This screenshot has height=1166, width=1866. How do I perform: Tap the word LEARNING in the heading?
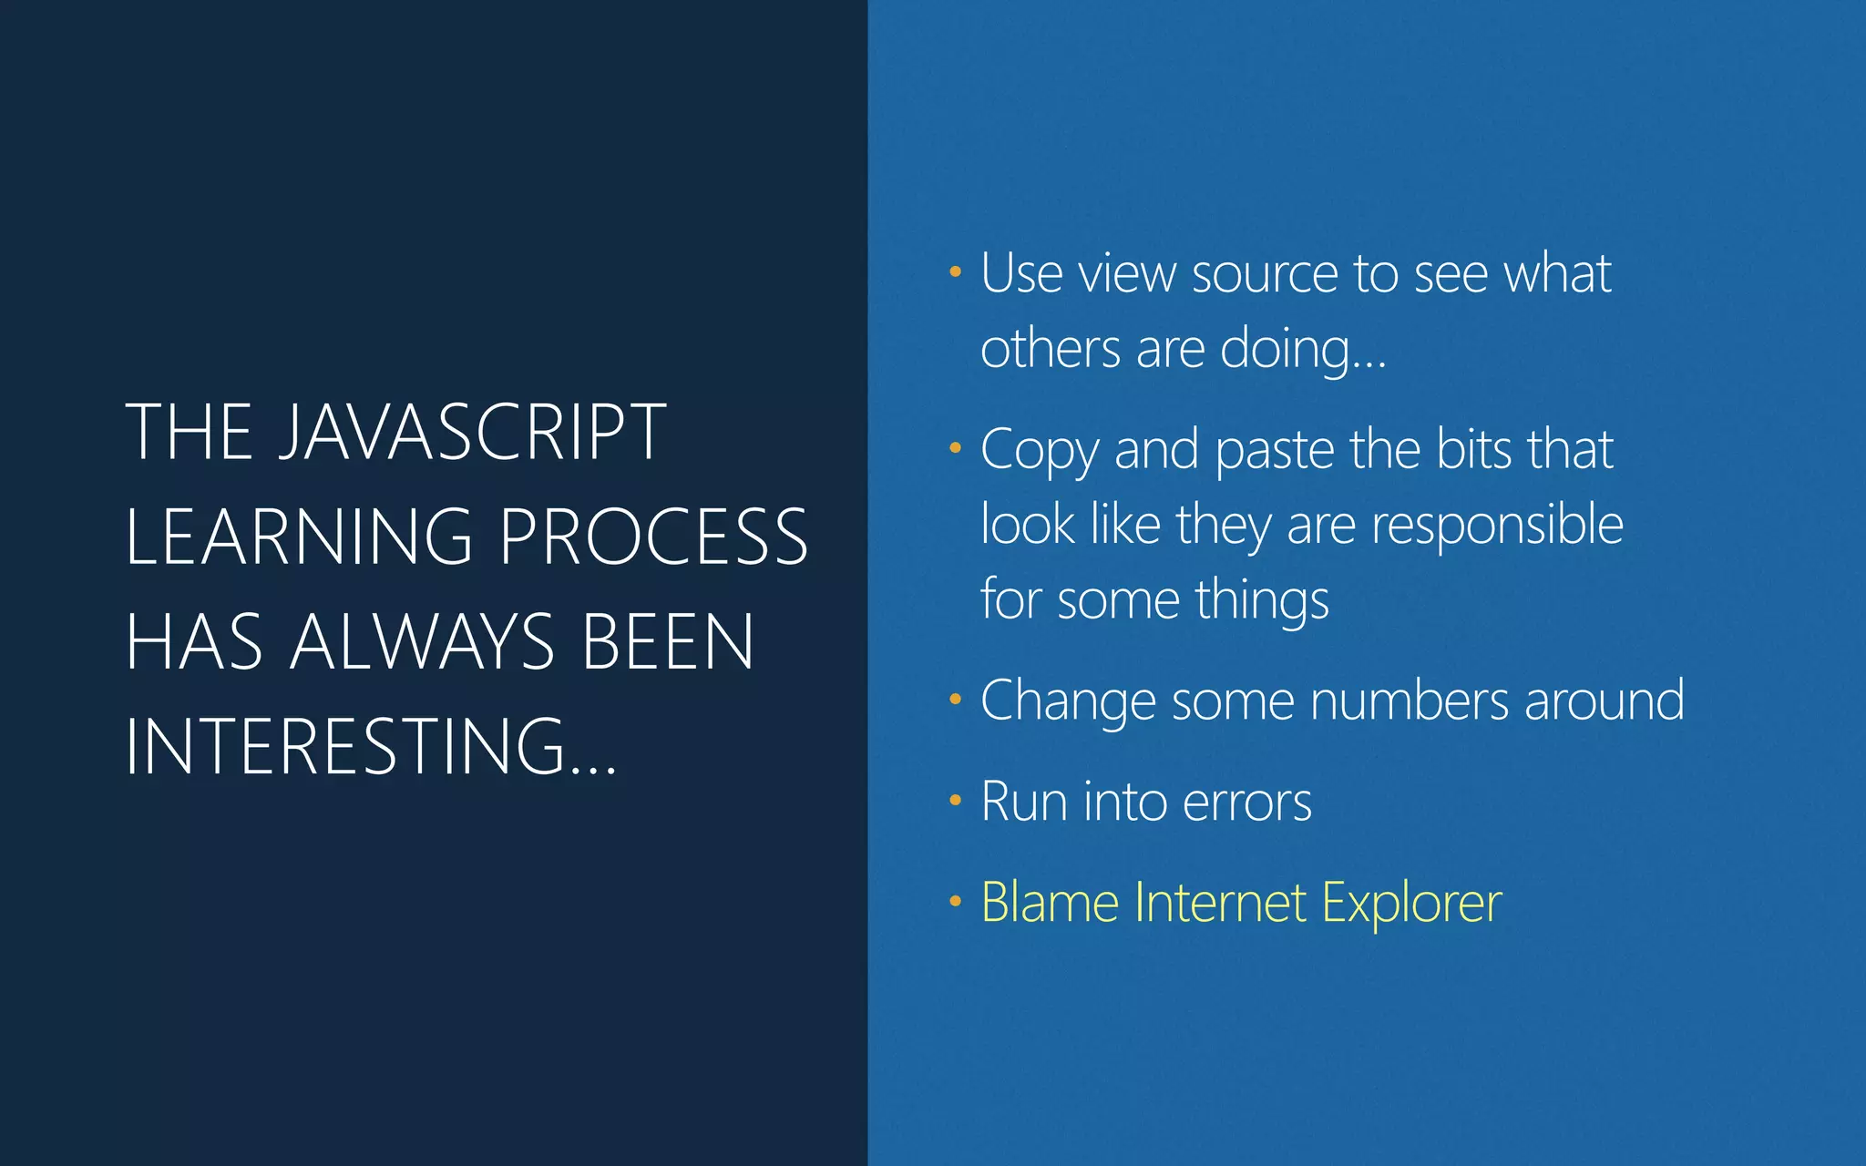point(299,537)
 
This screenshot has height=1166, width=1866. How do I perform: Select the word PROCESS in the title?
point(653,537)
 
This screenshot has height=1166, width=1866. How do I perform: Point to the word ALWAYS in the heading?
point(423,642)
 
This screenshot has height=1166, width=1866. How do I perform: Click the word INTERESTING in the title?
point(346,747)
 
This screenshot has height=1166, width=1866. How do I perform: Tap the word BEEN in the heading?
point(668,642)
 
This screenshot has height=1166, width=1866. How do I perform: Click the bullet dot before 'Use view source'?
point(955,271)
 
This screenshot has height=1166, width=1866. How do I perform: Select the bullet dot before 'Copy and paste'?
point(955,447)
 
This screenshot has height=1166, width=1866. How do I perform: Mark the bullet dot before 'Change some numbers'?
point(955,699)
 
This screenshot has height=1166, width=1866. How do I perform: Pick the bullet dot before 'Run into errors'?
point(955,800)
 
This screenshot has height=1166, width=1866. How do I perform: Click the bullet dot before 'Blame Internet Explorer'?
point(955,901)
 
